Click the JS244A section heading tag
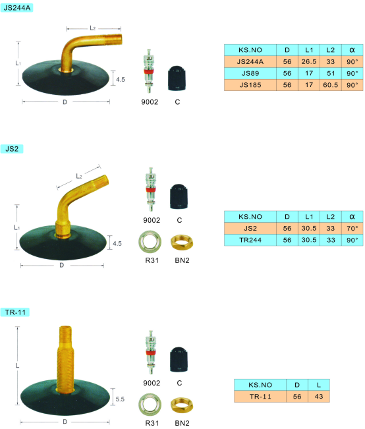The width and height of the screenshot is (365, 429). tap(16, 8)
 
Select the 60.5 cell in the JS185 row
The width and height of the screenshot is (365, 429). tap(331, 85)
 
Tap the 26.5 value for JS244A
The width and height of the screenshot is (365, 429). tap(309, 61)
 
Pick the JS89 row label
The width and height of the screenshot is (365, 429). tap(250, 73)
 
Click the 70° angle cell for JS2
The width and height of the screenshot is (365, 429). tap(352, 229)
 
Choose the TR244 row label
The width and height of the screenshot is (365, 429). tap(250, 241)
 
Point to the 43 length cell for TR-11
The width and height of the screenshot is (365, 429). tap(319, 397)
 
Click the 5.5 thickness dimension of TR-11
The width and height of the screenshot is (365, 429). tap(120, 399)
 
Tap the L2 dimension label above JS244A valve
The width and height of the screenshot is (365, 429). tap(93, 28)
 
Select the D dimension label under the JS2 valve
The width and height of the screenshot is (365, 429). tap(62, 265)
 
